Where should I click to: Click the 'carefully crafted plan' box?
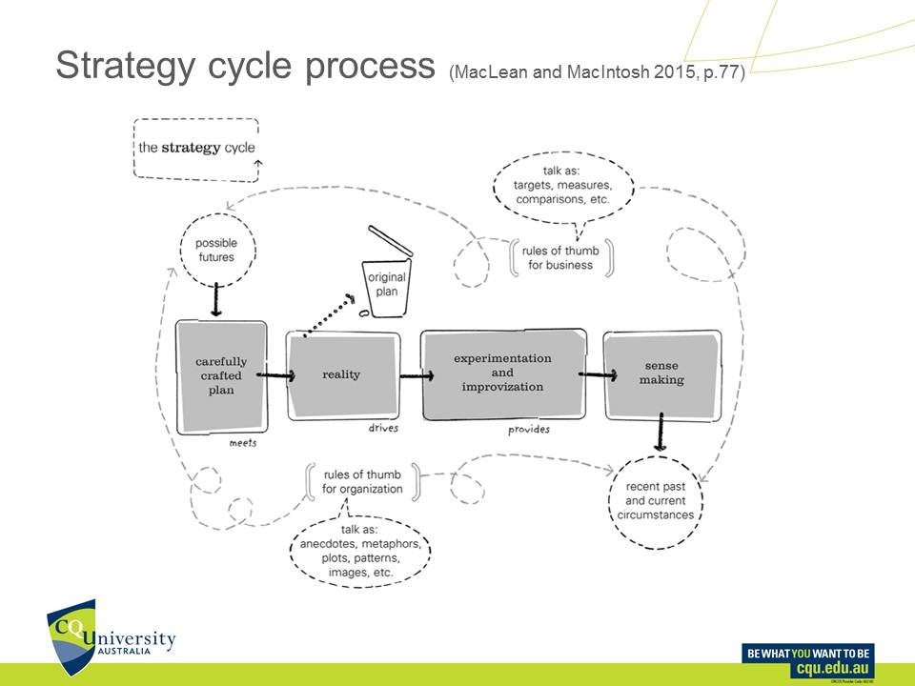[x=221, y=375]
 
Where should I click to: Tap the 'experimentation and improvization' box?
[x=502, y=373]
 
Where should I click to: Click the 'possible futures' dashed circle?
[x=217, y=250]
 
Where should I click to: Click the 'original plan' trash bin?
[x=386, y=281]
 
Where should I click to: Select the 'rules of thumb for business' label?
[x=560, y=257]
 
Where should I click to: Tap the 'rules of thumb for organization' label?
[x=363, y=482]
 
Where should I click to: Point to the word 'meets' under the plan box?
[x=243, y=443]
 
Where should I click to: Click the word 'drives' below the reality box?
[x=383, y=429]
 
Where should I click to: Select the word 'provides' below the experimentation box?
[x=529, y=430]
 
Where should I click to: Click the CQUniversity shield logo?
[x=72, y=633]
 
